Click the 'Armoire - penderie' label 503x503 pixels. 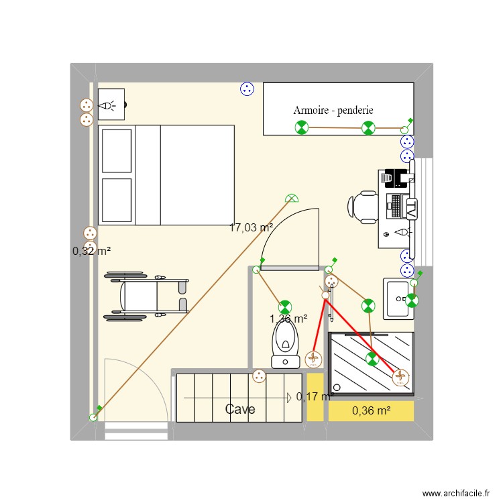click(333, 111)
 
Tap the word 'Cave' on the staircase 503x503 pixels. click(239, 409)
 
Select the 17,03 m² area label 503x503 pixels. click(251, 227)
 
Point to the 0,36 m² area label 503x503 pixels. click(371, 410)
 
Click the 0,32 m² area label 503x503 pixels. click(91, 251)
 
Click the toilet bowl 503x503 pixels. click(286, 342)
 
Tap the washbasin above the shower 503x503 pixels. click(398, 298)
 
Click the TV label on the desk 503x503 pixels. click(412, 207)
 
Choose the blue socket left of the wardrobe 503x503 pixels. click(247, 89)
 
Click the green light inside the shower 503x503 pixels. click(372, 359)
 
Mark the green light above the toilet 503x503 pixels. click(286, 307)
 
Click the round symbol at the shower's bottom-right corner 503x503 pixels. click(401, 378)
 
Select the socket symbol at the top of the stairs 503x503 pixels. click(259, 377)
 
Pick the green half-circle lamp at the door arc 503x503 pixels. click(292, 198)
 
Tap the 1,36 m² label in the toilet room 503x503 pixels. click(288, 319)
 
